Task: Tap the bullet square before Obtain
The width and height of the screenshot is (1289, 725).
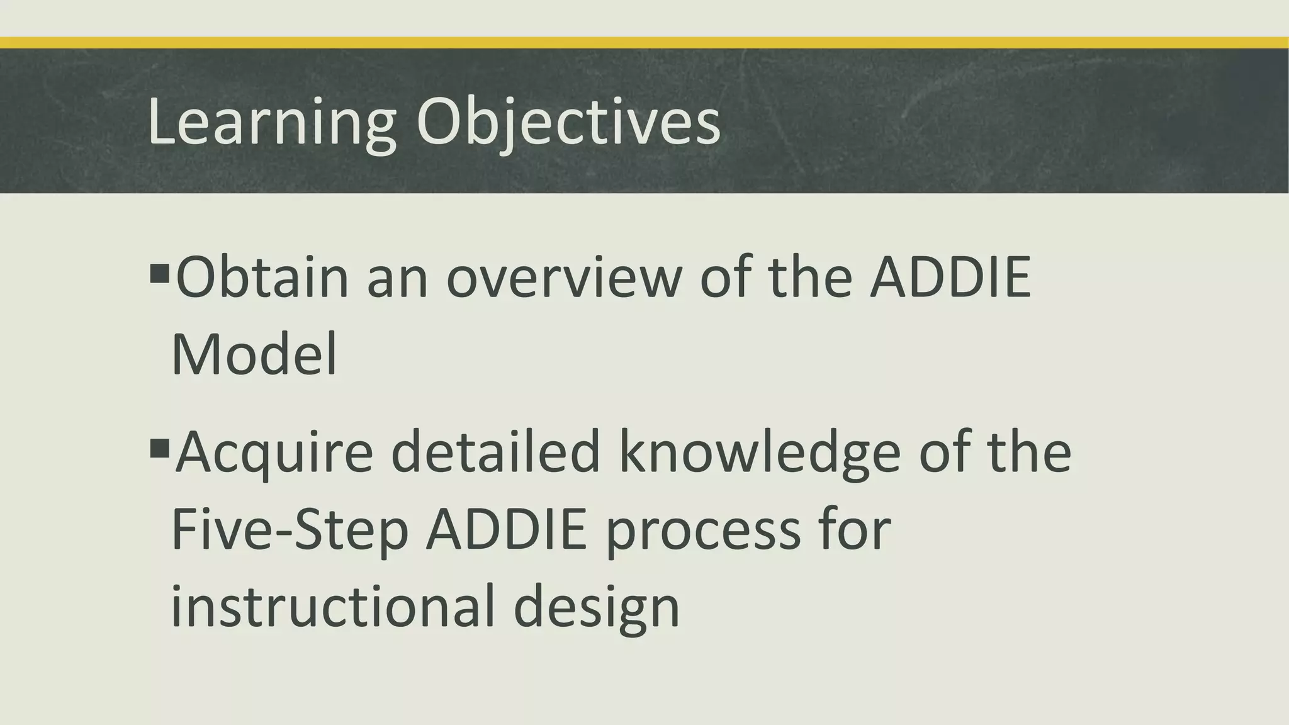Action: (x=160, y=273)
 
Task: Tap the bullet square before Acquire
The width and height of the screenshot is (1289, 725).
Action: (x=160, y=449)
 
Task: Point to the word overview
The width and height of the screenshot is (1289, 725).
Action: (x=564, y=278)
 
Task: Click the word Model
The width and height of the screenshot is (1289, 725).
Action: (x=254, y=354)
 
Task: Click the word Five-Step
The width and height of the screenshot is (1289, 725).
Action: (x=290, y=531)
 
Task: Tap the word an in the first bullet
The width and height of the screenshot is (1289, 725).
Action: (x=398, y=278)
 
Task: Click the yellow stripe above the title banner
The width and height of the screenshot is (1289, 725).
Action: (x=644, y=43)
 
